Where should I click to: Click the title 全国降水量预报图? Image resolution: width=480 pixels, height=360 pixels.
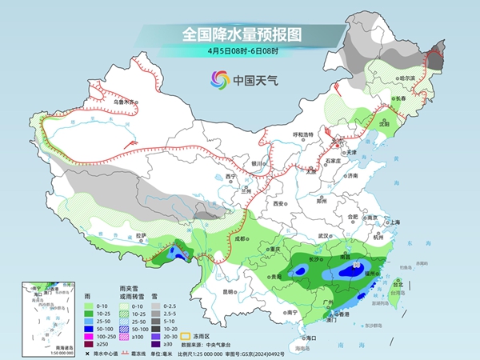pyautogui.click(x=240, y=34)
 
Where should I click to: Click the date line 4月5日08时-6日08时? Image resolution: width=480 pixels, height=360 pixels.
pyautogui.click(x=240, y=50)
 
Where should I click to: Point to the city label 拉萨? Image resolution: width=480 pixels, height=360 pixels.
pyautogui.click(x=142, y=235)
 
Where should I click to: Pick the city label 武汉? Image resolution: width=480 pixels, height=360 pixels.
pyautogui.click(x=323, y=236)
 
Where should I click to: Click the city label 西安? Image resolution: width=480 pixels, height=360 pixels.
pyautogui.click(x=278, y=205)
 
